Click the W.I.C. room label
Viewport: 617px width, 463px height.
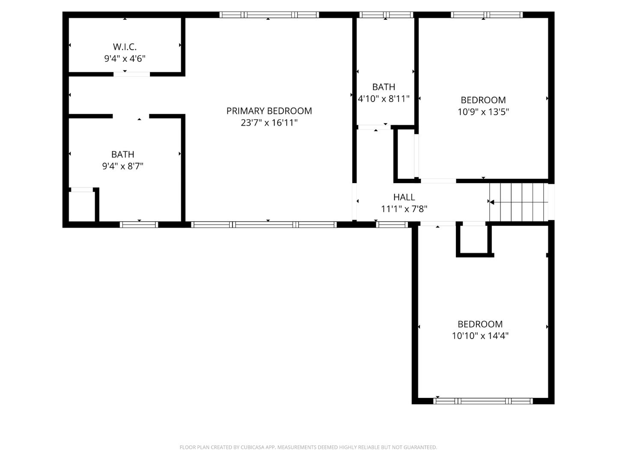[x=125, y=47]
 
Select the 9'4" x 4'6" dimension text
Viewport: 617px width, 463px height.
[x=125, y=59]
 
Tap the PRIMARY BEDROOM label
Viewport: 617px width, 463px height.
[x=269, y=111]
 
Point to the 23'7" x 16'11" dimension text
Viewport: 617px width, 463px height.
[x=269, y=123]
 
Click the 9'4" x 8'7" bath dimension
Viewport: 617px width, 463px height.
[x=123, y=166]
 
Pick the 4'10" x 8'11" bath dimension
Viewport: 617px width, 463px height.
[x=383, y=99]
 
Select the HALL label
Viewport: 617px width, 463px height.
[x=404, y=197]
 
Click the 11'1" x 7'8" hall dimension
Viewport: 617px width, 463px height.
[x=404, y=209]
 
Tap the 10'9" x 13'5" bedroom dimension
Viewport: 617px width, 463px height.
[x=483, y=112]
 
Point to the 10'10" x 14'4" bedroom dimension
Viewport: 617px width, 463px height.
[x=480, y=336]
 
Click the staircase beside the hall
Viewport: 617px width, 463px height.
[x=519, y=202]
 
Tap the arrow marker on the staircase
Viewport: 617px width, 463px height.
[x=492, y=202]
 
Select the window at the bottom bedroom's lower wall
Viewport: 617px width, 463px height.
[x=483, y=401]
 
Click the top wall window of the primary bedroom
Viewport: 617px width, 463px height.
[x=269, y=15]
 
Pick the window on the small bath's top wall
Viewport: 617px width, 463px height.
[x=386, y=15]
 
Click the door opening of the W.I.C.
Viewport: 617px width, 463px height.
[x=132, y=74]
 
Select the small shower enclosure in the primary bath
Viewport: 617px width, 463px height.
[x=82, y=206]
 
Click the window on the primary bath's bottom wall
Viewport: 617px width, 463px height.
[x=139, y=224]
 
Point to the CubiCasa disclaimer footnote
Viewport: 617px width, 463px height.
[x=308, y=447]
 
